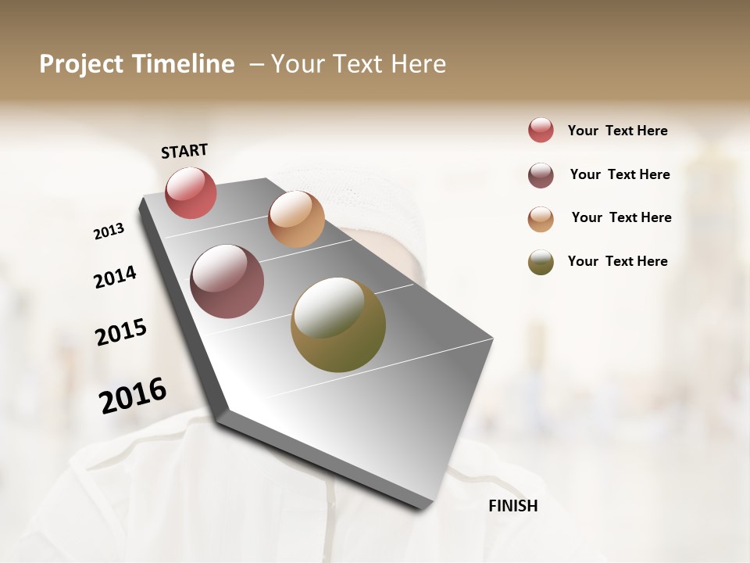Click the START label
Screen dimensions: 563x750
pos(184,151)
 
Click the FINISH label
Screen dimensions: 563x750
pos(512,506)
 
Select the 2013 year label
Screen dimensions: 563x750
pos(109,231)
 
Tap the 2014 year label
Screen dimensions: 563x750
pos(115,278)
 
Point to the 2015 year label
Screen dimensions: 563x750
pos(121,332)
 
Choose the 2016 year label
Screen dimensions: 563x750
pos(133,395)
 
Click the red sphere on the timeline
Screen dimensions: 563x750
pos(191,192)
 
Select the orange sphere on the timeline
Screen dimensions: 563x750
pos(296,219)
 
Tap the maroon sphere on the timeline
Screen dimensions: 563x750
pos(227,281)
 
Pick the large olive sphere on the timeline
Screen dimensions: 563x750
pos(338,325)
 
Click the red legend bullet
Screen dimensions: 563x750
pos(541,131)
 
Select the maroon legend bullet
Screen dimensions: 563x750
pos(541,174)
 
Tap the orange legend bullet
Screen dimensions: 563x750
pos(541,218)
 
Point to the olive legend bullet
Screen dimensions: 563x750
pos(541,261)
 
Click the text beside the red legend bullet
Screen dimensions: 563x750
pos(617,131)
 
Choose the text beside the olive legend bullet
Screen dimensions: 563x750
pos(617,261)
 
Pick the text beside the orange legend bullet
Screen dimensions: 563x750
pos(621,217)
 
